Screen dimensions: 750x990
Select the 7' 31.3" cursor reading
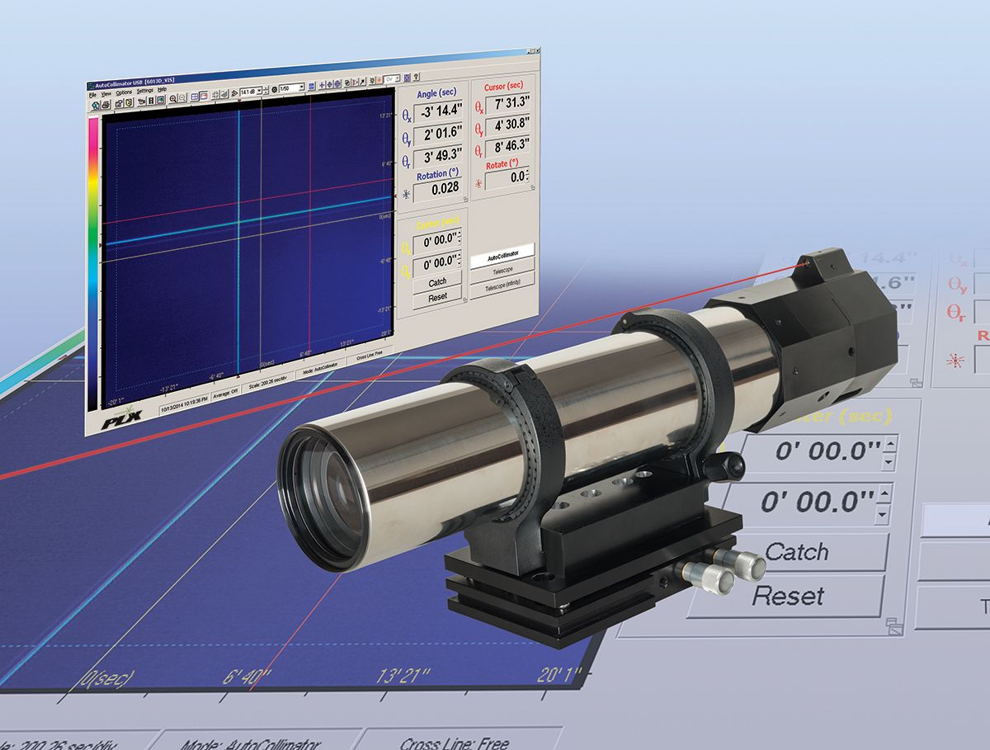pyautogui.click(x=507, y=105)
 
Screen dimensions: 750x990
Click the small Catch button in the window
pyautogui.click(x=437, y=282)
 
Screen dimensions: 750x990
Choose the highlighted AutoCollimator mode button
pyautogui.click(x=503, y=248)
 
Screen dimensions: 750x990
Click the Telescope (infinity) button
pyautogui.click(x=502, y=280)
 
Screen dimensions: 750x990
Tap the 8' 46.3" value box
pyautogui.click(x=507, y=149)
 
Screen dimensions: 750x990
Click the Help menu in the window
pyautogui.click(x=162, y=88)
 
